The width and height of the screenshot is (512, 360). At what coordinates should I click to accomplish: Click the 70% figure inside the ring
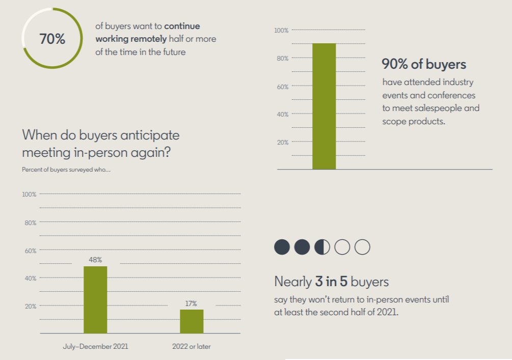point(52,39)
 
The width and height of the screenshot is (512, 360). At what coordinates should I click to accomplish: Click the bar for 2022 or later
point(192,321)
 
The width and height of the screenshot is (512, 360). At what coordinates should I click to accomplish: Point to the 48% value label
point(95,260)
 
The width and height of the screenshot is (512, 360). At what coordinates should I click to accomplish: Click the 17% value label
point(191,303)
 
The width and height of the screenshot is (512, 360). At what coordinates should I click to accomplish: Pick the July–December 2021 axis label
point(95,346)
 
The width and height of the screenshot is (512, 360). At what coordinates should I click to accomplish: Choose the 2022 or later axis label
point(192,346)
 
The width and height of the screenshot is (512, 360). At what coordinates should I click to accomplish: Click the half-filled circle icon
point(322,247)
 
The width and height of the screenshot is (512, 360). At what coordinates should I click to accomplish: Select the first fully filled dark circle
point(282,247)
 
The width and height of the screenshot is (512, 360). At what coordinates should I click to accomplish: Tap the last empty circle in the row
point(362,247)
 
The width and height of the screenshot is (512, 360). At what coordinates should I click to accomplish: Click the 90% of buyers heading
point(424,65)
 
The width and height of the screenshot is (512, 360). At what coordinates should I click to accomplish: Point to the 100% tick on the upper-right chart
point(281,31)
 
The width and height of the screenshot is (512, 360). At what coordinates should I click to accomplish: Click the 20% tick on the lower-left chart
point(31,306)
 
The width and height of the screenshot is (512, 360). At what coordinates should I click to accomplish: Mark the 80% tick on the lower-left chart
point(31,223)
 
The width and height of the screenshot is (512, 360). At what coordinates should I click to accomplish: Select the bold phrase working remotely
point(131,39)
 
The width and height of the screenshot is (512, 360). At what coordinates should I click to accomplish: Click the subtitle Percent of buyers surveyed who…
point(66,169)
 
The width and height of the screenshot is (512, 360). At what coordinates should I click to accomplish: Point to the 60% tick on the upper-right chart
point(283,87)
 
